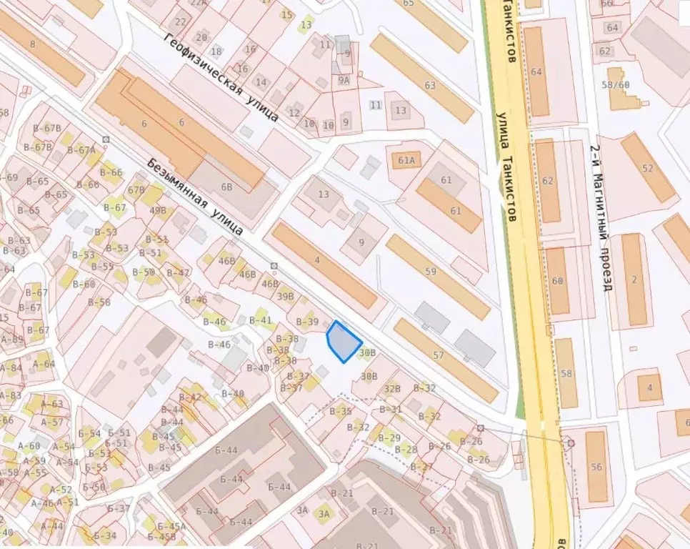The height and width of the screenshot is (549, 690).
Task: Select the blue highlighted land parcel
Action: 343,342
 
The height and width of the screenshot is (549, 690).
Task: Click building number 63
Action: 429,86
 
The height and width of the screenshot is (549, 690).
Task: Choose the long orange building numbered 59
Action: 431,272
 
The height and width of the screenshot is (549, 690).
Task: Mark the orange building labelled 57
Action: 439,355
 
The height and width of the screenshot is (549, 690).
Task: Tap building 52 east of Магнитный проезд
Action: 648,169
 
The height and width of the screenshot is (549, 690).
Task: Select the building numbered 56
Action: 596,468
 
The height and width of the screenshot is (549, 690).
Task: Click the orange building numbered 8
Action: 32,44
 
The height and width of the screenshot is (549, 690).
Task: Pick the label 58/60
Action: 615,85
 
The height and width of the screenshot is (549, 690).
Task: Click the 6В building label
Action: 227,188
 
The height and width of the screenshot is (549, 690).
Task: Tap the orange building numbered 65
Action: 409,4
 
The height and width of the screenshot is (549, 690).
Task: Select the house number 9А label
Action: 344,81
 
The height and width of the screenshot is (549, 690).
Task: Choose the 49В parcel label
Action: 159,211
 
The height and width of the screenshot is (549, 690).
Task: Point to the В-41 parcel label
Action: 261,320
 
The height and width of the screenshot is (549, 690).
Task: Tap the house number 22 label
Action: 180,21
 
